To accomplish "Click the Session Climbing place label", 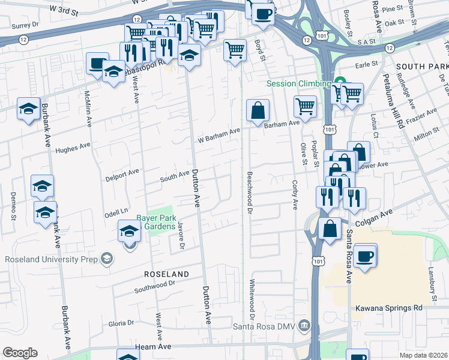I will pyautogui.click(x=298, y=83).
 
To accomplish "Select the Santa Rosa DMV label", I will pyautogui.click(x=265, y=326).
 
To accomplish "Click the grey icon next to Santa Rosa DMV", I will pyautogui.click(x=305, y=325).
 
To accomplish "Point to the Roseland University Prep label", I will pyautogui.click(x=51, y=259).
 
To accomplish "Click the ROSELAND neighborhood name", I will pyautogui.click(x=166, y=274).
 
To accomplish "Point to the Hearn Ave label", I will pyautogui.click(x=156, y=346).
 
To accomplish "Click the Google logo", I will pyautogui.click(x=20, y=352).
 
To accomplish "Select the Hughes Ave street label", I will pyautogui.click(x=72, y=146).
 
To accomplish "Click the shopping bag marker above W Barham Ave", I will pyautogui.click(x=258, y=110).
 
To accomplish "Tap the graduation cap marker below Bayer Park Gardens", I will pyautogui.click(x=130, y=230).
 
